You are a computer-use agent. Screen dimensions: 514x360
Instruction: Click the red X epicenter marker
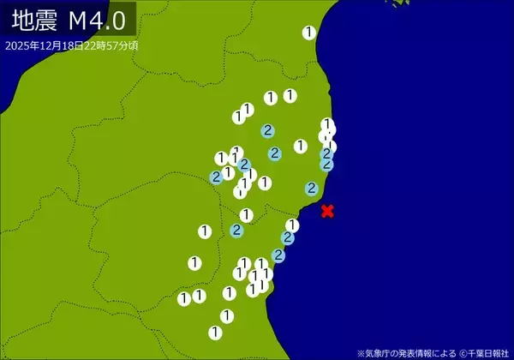click(327, 211)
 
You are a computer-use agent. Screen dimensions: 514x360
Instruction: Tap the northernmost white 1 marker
click(309, 33)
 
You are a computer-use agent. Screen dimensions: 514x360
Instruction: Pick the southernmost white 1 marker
click(215, 332)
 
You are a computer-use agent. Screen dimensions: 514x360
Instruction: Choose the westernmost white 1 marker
click(184, 298)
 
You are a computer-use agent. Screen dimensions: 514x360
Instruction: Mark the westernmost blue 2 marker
click(217, 177)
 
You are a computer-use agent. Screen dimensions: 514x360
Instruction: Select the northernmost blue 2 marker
click(268, 130)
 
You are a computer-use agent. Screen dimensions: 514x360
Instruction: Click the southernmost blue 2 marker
click(278, 255)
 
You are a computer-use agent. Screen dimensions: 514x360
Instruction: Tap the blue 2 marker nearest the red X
click(312, 188)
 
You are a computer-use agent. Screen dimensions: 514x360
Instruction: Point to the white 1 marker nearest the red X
click(292, 225)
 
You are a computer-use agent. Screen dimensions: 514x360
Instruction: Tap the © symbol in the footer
click(462, 352)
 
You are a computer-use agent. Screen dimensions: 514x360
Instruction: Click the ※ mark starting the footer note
click(362, 352)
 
